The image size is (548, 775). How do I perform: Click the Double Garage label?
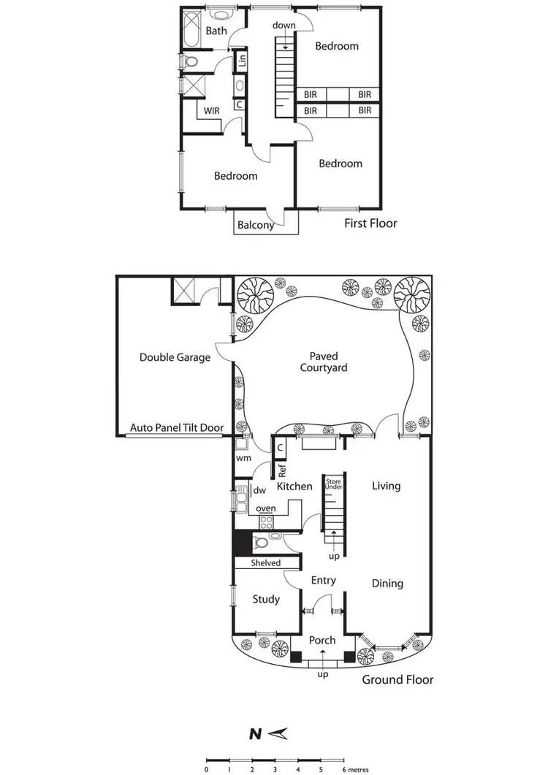175,358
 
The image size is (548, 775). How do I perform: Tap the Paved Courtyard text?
323,363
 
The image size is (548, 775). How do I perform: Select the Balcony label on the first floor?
256,225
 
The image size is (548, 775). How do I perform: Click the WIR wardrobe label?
212,112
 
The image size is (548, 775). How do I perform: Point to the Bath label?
216,31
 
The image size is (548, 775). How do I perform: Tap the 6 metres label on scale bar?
355,769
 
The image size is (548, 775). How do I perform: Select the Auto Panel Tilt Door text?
176,428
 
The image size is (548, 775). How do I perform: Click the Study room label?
266,599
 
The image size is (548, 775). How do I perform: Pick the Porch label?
322,640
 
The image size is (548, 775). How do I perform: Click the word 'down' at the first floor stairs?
283,26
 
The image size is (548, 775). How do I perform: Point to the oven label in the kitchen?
265,508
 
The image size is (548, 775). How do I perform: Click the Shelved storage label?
266,563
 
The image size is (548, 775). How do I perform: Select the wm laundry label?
243,458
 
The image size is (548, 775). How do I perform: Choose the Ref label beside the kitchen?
281,470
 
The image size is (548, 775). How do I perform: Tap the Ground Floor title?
397,679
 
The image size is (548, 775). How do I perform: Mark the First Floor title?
370,223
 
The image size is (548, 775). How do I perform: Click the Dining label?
387,583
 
